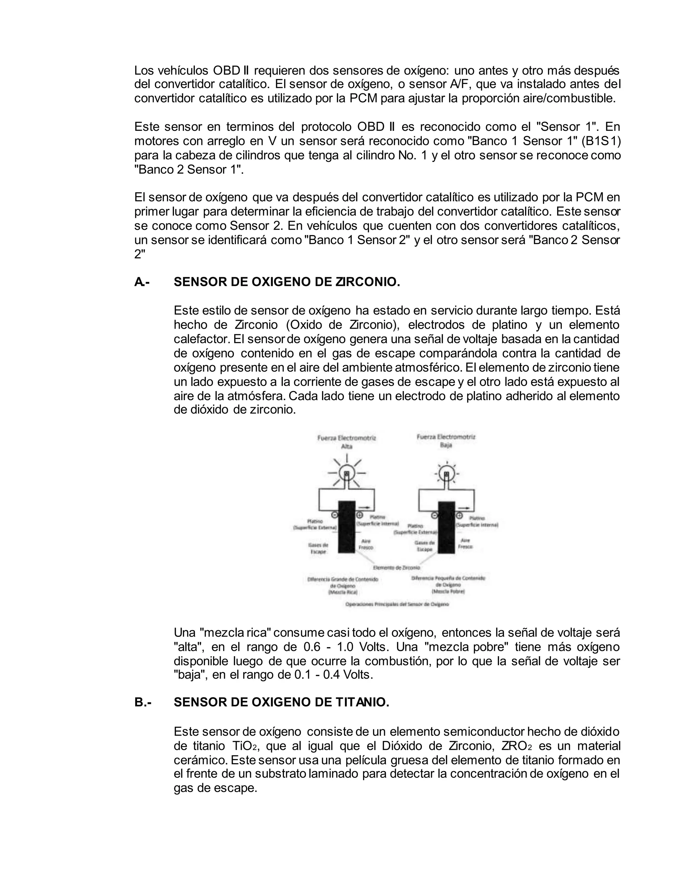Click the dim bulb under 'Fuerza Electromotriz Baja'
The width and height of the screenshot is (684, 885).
pyautogui.click(x=446, y=473)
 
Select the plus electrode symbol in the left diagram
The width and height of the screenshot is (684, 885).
pyautogui.click(x=359, y=515)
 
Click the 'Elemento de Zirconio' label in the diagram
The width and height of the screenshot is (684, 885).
pyautogui.click(x=391, y=568)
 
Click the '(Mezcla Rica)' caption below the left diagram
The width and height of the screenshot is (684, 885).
pyautogui.click(x=343, y=592)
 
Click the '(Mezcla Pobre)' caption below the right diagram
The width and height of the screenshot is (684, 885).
pyautogui.click(x=448, y=592)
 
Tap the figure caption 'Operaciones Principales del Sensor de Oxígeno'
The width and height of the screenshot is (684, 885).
pyautogui.click(x=397, y=604)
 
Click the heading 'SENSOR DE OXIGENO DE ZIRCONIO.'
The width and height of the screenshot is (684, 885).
pyautogui.click(x=287, y=282)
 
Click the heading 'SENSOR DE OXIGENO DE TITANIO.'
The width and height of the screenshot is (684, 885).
pyautogui.click(x=281, y=703)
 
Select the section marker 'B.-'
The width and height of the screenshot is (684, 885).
pyautogui.click(x=143, y=703)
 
